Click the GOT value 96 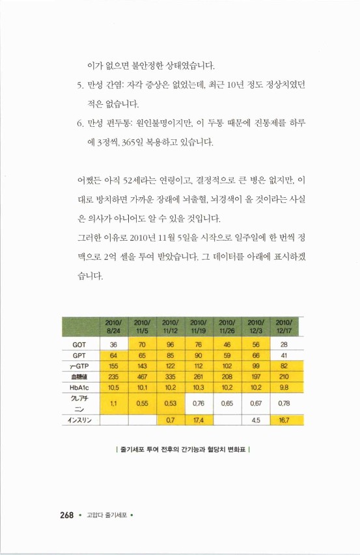(171, 344)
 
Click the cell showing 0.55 (142, 403)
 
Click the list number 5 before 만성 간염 (72, 85)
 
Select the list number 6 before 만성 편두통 (72, 122)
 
